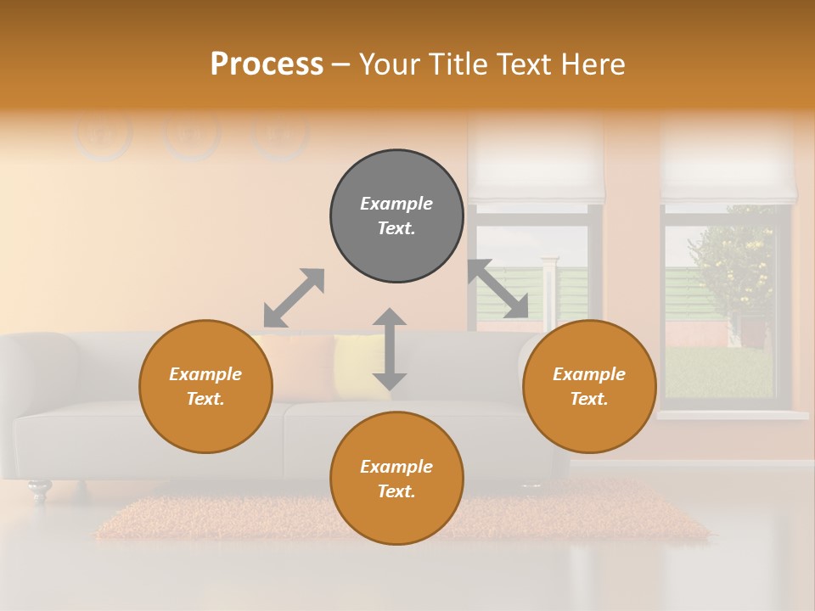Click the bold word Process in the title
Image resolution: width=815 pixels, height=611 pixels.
click(267, 64)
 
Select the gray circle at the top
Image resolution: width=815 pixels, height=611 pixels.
click(396, 216)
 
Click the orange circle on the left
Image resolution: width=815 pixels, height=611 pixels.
click(205, 386)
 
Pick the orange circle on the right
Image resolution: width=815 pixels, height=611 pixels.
click(589, 386)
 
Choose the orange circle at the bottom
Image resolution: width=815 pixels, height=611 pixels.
click(396, 479)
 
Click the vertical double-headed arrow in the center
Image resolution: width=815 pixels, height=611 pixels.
click(390, 349)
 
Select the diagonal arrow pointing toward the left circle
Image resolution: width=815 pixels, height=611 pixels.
click(294, 298)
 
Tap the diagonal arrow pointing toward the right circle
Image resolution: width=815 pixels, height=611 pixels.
click(498, 289)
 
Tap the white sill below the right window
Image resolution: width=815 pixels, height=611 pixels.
click(732, 415)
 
